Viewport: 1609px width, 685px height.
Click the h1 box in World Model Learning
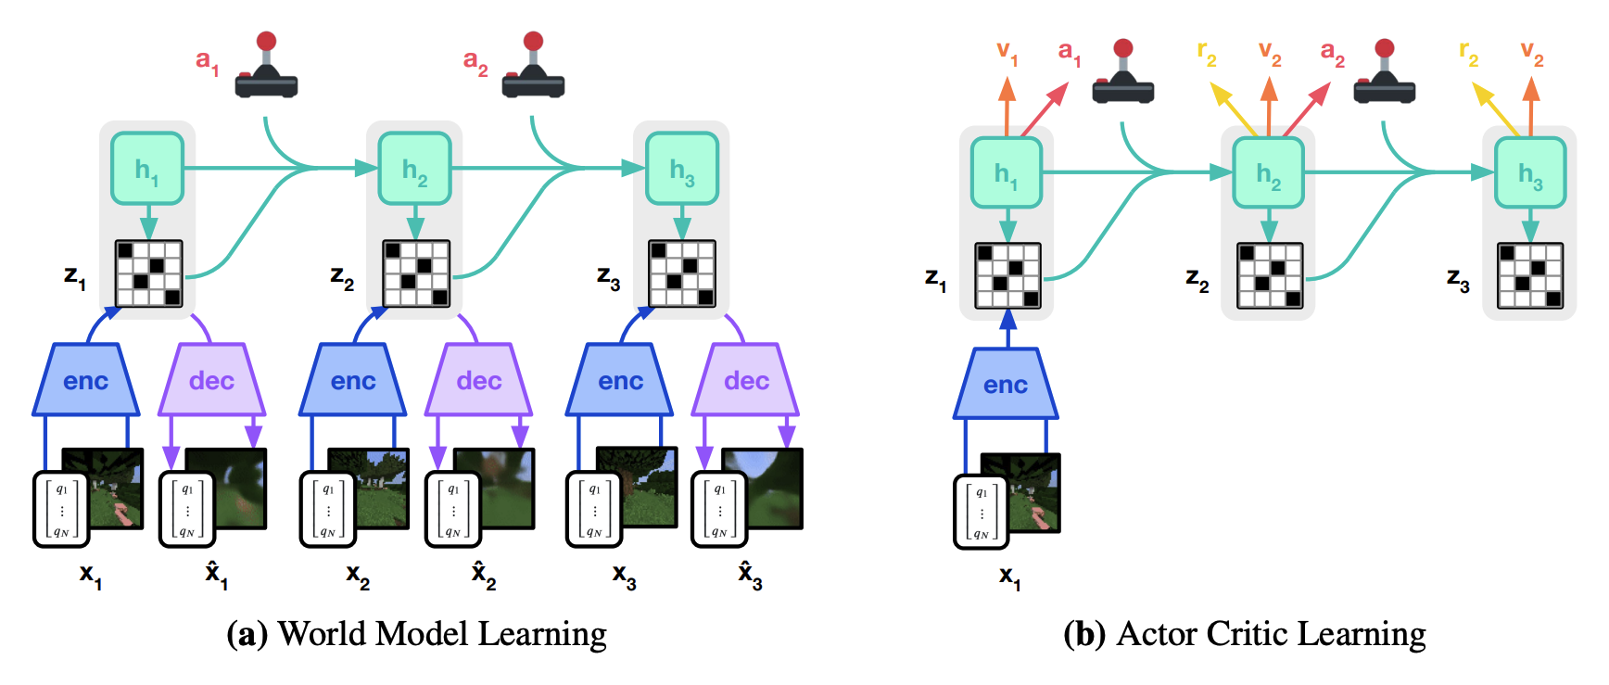point(147,169)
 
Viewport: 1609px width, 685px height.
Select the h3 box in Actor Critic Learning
point(1530,172)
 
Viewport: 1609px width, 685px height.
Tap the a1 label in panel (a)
point(207,61)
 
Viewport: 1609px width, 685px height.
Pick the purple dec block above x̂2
point(478,380)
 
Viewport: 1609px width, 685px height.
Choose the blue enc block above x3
point(620,380)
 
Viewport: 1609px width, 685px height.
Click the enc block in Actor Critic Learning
point(1006,384)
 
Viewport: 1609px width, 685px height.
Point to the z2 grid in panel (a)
point(416,273)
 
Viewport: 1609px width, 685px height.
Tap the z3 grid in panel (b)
point(1530,275)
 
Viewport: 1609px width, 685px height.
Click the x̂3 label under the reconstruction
point(750,575)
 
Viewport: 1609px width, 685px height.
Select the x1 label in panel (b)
point(1009,577)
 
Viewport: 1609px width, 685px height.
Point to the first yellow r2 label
point(1206,53)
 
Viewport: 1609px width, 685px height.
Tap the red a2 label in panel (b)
point(1332,53)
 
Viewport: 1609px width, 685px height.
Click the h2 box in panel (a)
point(414,169)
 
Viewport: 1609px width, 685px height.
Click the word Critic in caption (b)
point(1248,634)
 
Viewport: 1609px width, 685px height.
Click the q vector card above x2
point(327,510)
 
